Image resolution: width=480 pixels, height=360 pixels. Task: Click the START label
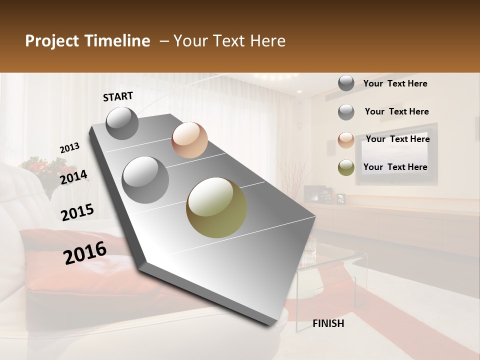coord(118,96)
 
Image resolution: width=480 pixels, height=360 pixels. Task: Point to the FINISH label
coord(328,323)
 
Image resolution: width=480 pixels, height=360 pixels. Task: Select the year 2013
coord(69,148)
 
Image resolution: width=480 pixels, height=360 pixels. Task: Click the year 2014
coord(73,177)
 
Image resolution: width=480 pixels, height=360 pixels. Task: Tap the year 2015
coord(77,212)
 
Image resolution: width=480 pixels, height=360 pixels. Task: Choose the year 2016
coord(85,253)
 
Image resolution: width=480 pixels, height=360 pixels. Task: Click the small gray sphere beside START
coord(122,123)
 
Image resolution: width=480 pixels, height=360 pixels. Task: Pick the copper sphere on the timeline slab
coord(189,140)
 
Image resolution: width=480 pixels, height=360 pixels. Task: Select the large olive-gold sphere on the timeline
coord(216,207)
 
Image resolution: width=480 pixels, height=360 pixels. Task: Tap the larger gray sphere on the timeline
coord(145,180)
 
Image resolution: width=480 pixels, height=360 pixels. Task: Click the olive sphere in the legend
coord(346,167)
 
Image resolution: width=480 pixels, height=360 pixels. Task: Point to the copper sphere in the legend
coord(346,140)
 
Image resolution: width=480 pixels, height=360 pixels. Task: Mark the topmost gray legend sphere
coord(346,83)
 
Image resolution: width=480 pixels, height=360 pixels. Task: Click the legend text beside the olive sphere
coord(395,167)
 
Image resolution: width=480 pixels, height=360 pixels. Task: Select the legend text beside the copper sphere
coord(397,139)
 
